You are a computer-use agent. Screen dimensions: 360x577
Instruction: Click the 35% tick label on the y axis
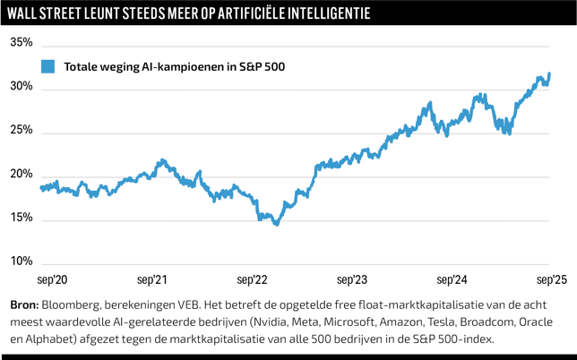[x=22, y=43]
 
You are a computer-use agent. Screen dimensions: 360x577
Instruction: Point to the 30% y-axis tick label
[x=22, y=87]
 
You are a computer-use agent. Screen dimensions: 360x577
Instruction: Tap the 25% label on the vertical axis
[x=22, y=131]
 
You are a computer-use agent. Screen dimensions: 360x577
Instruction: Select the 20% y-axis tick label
[x=22, y=175]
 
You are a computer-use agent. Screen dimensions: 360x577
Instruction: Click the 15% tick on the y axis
[x=22, y=219]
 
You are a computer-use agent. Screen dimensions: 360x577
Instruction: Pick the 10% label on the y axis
[x=22, y=262]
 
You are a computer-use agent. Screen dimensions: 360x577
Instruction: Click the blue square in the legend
[x=47, y=66]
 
